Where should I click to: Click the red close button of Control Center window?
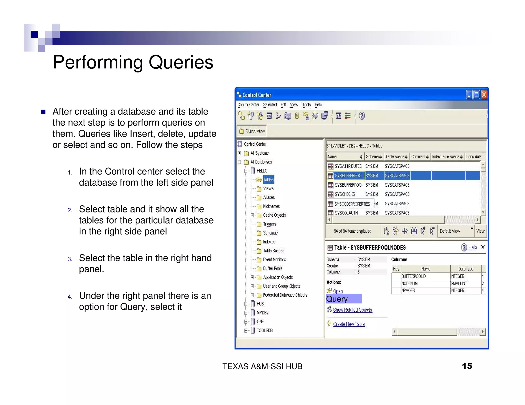[484, 95]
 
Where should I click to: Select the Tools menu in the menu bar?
[306, 105]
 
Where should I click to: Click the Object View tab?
[252, 131]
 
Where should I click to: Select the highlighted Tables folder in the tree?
[268, 180]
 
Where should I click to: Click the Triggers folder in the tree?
[269, 224]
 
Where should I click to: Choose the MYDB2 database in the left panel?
[262, 313]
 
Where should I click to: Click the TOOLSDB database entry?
[265, 331]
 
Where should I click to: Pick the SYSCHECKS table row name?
[345, 194]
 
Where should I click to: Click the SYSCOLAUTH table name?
[346, 213]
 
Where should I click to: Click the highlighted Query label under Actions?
[337, 299]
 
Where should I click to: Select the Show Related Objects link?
[352, 310]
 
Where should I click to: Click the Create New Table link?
[349, 324]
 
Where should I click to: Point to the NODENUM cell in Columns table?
[409, 284]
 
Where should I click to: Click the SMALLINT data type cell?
[459, 284]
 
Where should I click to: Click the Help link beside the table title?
[472, 247]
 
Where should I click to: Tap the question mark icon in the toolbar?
[362, 116]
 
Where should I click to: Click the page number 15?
[467, 366]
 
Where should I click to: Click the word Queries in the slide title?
[181, 62]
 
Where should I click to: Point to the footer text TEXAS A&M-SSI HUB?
[262, 366]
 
